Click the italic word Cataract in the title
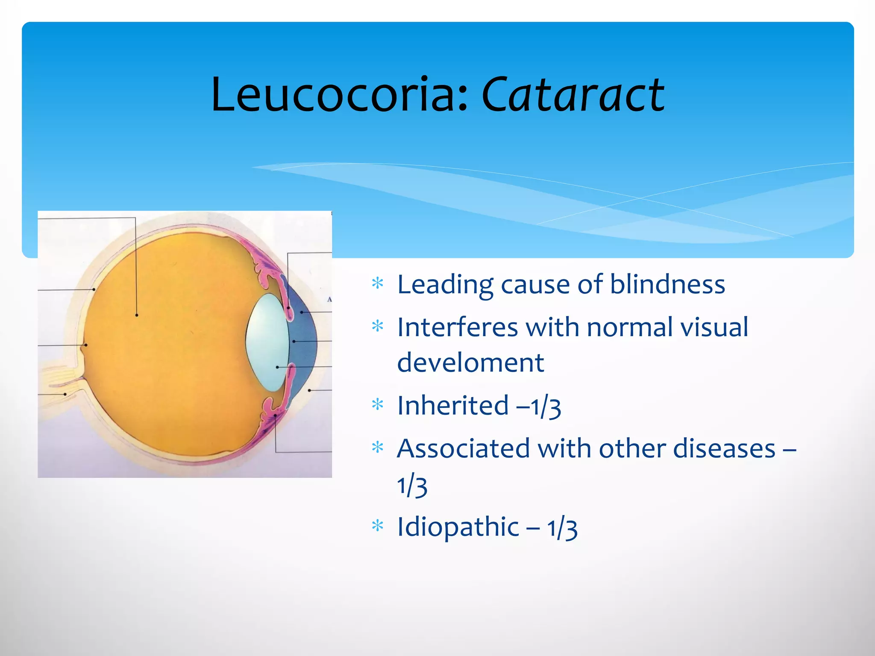coord(573,95)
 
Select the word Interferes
coord(458,328)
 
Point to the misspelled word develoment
coord(470,363)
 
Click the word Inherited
coord(453,406)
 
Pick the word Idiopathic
coord(458,527)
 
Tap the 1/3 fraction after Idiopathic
coord(562,528)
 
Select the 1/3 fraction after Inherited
coord(546,407)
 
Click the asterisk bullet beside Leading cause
coord(377,284)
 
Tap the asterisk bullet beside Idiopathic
coord(377,526)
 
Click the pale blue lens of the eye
coord(267,342)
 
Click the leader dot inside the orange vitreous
coord(137,315)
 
